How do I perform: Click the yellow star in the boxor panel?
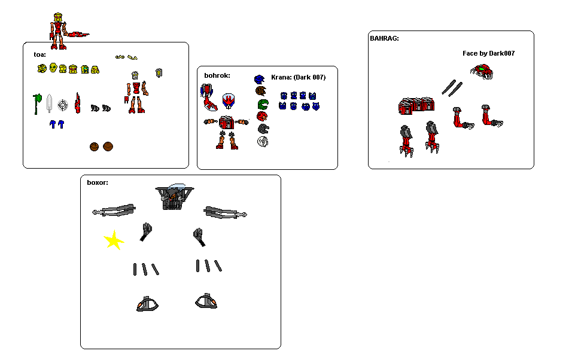[114, 240]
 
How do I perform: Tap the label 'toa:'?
[40, 54]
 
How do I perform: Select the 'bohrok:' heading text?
[217, 75]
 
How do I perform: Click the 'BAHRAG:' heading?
[385, 38]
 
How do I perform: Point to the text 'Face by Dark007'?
[488, 53]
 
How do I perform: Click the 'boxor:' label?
[98, 182]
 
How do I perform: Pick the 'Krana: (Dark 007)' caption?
[298, 77]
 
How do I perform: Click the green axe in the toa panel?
[37, 104]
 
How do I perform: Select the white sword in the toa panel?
[50, 103]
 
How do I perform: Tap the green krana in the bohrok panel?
[263, 105]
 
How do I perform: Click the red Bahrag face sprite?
[482, 72]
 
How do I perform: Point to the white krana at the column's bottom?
[263, 142]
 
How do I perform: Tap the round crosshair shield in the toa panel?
[63, 105]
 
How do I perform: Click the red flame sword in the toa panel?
[77, 103]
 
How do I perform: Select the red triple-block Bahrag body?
[416, 106]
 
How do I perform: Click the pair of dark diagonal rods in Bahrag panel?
[452, 88]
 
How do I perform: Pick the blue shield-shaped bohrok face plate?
[229, 101]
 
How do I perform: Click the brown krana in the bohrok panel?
[261, 91]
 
